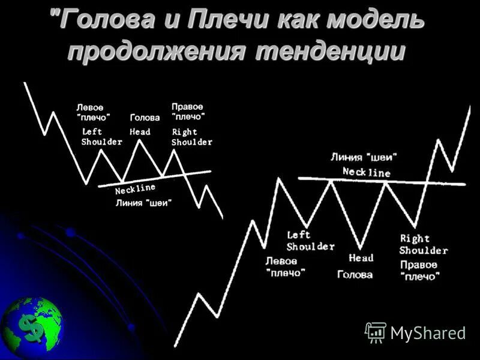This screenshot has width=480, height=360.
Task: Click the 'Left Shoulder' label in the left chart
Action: [x=101, y=137]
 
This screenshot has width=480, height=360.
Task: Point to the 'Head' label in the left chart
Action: [x=140, y=132]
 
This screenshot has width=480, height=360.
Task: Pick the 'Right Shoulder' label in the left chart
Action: [x=191, y=137]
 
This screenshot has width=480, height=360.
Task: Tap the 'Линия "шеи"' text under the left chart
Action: [x=143, y=203]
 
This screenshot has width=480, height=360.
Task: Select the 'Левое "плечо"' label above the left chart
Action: [x=94, y=112]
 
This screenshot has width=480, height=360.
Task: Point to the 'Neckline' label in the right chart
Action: [x=366, y=172]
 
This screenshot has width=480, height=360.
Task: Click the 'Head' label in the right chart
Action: [x=361, y=258]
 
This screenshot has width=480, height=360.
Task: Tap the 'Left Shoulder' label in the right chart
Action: [x=310, y=241]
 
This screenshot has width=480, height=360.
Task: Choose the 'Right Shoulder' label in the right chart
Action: [x=423, y=244]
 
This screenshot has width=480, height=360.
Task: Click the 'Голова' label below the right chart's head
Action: [x=355, y=275]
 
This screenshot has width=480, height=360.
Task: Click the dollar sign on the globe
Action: [x=29, y=326]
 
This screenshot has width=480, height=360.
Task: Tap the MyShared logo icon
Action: [x=376, y=332]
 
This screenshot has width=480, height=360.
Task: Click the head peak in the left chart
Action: [x=140, y=140]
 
